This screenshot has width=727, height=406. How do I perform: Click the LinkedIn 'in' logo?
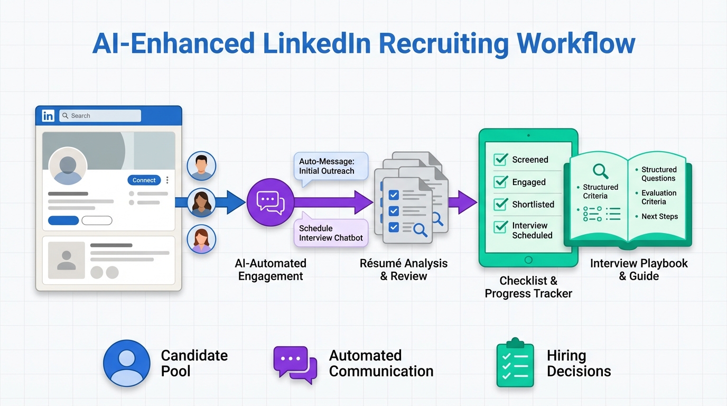(x=48, y=116)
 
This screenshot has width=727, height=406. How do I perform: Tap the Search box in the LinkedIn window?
(x=100, y=116)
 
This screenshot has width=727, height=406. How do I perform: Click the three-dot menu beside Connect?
(x=167, y=180)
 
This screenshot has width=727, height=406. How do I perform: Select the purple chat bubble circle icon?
(x=270, y=202)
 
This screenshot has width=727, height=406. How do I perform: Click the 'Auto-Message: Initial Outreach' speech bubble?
(x=331, y=167)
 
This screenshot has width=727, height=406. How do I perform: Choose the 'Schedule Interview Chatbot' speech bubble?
(x=331, y=233)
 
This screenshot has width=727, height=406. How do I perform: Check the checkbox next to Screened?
(x=500, y=160)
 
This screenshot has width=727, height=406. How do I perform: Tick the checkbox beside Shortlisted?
(x=500, y=205)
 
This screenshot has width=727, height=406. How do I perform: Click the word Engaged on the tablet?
(x=528, y=182)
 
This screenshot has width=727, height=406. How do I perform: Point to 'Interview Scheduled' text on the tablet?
(x=532, y=230)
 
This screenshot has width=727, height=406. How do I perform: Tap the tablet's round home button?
(x=528, y=260)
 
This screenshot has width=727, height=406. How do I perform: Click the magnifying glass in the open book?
(x=600, y=171)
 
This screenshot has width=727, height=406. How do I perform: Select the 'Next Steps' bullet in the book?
(x=659, y=216)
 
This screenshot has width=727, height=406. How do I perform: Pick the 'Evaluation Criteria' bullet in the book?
(x=658, y=197)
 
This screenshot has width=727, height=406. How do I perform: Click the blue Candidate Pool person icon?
(x=127, y=363)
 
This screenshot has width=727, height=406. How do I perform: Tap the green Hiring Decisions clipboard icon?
(x=515, y=363)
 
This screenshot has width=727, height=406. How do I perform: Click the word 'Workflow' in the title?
(x=576, y=43)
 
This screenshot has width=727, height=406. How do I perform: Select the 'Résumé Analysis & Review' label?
(x=404, y=270)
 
